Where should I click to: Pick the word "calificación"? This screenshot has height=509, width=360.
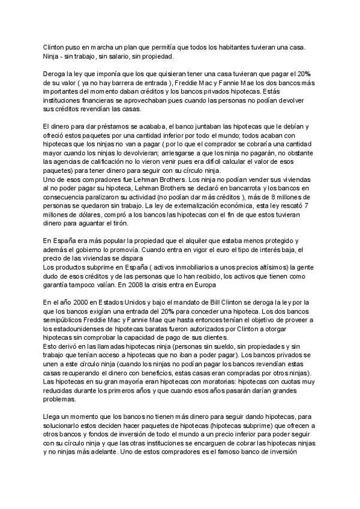click(x=113, y=161)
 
